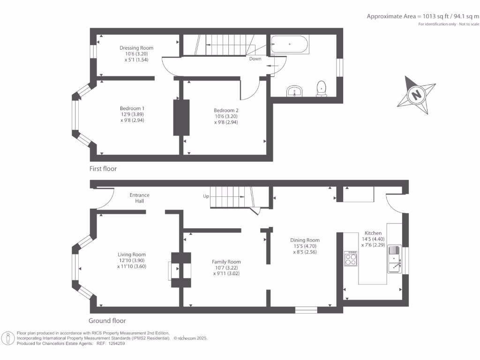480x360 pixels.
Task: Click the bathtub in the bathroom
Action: coord(290,45)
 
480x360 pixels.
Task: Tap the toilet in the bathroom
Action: coord(322,88)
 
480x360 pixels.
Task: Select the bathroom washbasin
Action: coord(295,91)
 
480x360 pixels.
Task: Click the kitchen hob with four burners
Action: coord(351,258)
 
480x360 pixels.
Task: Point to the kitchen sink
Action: coord(394,259)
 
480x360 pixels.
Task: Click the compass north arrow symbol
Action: coord(416,95)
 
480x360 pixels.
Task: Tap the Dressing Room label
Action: coord(136,48)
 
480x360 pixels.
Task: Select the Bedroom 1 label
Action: coord(133,108)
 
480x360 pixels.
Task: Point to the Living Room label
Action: coord(132,255)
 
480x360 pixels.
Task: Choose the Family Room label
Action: coord(226,262)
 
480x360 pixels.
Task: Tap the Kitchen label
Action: coord(373,233)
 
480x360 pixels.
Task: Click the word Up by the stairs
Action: coord(206,196)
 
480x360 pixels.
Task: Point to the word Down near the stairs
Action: coord(255,59)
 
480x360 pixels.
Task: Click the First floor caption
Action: coord(103,169)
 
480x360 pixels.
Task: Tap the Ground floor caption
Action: coord(107,321)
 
